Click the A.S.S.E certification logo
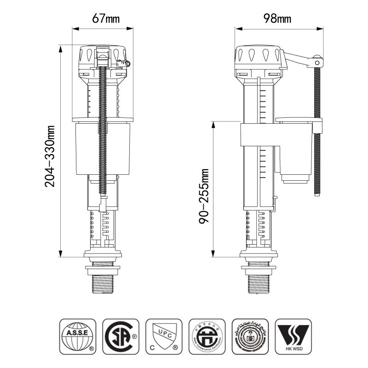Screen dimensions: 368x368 (78, 336)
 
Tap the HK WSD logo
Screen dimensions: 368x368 (293, 336)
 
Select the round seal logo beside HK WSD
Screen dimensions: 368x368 (250, 336)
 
